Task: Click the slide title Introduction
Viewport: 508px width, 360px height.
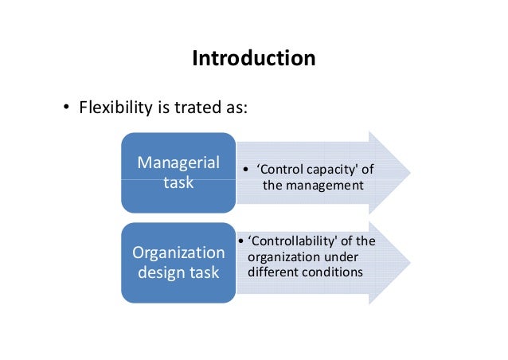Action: pyautogui.click(x=253, y=59)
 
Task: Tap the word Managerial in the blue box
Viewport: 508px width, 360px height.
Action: pyautogui.click(x=178, y=162)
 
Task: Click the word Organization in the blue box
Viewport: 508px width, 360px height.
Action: pyautogui.click(x=178, y=254)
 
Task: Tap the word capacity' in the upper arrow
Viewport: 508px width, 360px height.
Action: pyautogui.click(x=341, y=170)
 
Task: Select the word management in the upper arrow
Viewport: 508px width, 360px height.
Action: pyautogui.click(x=324, y=185)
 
